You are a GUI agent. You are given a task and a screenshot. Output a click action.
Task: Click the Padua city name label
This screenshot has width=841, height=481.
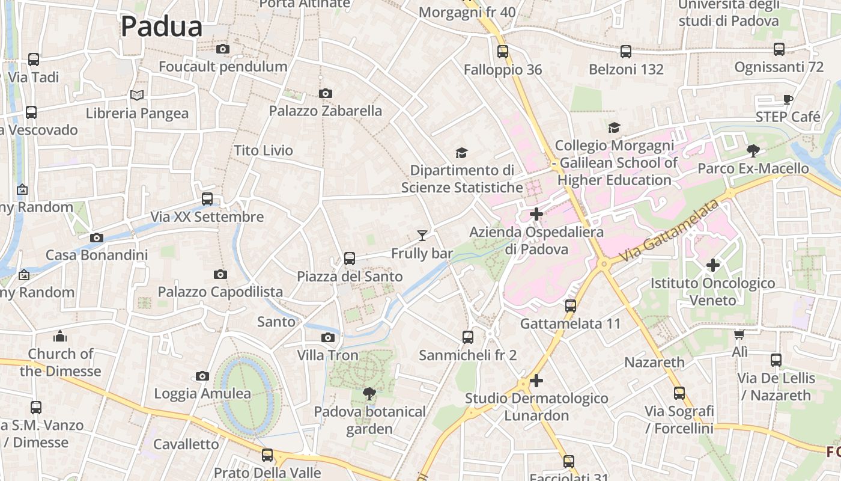[x=162, y=27]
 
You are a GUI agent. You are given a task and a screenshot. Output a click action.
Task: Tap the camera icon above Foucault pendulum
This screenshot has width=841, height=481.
[x=222, y=49]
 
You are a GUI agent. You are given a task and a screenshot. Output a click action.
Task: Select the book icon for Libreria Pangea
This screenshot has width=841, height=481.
[x=137, y=95]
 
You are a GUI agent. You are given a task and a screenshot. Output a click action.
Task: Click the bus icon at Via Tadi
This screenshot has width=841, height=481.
[x=34, y=60]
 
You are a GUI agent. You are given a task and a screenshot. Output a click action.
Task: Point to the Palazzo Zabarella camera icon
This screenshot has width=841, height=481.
[x=325, y=93]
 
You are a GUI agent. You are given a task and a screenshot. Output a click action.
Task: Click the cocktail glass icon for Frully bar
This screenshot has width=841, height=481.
[x=422, y=235]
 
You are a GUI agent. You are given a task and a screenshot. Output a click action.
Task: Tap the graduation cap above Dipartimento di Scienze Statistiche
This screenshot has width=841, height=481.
[x=461, y=153]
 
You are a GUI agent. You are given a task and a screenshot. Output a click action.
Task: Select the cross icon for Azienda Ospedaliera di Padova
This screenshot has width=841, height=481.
[x=536, y=213]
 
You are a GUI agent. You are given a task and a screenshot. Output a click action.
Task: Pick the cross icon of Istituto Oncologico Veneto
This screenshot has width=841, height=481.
[x=712, y=265]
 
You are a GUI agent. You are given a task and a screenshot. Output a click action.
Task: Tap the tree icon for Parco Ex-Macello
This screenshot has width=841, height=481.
[x=753, y=150]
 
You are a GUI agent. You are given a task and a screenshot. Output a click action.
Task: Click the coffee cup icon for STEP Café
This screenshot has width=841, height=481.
[x=788, y=99]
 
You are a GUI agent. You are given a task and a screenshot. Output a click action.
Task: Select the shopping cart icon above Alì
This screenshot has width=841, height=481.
[x=739, y=334]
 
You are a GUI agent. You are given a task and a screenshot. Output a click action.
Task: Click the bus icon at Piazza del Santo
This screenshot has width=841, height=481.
[x=350, y=259]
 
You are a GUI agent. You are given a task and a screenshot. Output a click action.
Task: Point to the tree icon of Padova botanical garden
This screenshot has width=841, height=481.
[x=369, y=394]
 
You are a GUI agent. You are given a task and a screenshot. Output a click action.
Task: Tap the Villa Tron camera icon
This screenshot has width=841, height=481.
[x=327, y=337]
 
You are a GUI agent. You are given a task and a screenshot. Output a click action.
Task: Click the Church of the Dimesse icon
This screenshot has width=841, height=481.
[x=60, y=335]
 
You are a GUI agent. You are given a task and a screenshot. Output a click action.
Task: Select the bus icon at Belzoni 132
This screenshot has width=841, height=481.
[x=626, y=52]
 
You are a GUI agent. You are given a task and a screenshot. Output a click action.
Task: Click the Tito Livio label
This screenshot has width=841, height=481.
[x=263, y=150]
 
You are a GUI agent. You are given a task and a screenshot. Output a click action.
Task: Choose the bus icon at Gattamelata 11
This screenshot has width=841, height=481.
[x=571, y=306]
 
